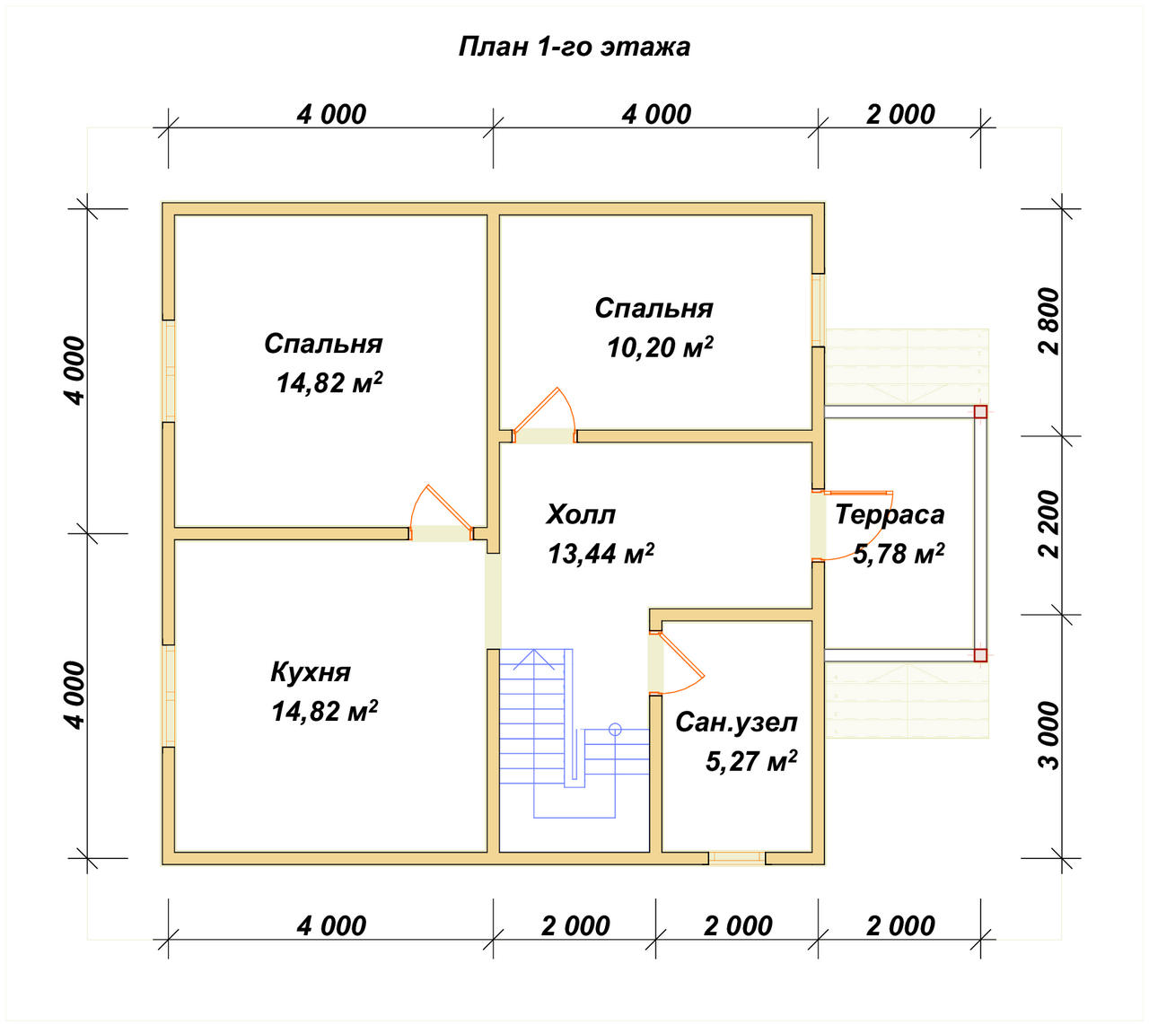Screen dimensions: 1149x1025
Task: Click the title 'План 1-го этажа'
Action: click(x=574, y=47)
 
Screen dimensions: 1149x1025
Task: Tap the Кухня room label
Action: click(x=311, y=673)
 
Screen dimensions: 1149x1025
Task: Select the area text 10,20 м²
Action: click(x=660, y=347)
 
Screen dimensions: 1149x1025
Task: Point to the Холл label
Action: click(x=581, y=514)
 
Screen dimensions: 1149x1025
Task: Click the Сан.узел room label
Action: click(x=736, y=723)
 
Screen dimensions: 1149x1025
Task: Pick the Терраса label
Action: click(x=890, y=514)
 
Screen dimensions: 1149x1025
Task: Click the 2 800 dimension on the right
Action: click(x=1050, y=321)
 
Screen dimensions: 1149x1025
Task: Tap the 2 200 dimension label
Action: click(x=1050, y=525)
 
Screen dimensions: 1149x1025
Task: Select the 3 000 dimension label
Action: click(x=1050, y=736)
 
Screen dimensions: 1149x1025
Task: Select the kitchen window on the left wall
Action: click(x=169, y=696)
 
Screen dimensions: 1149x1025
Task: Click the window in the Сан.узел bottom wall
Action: click(x=737, y=858)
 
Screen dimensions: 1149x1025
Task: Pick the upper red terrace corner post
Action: click(x=980, y=412)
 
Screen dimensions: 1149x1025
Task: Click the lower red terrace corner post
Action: click(x=980, y=655)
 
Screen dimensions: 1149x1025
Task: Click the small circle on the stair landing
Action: click(x=615, y=730)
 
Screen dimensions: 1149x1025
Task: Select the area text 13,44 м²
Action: click(x=601, y=554)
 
